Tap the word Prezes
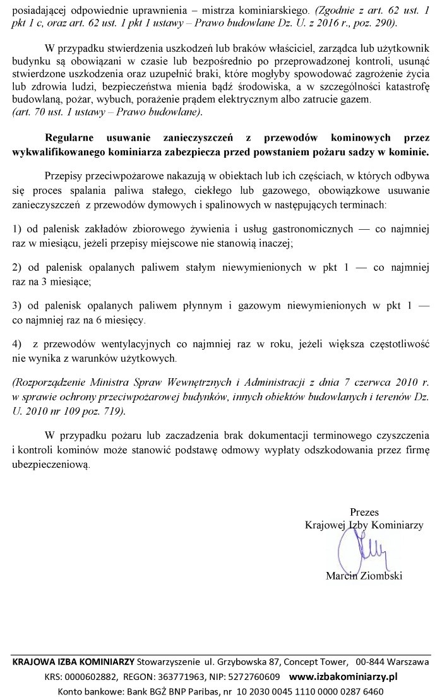[x=364, y=512]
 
